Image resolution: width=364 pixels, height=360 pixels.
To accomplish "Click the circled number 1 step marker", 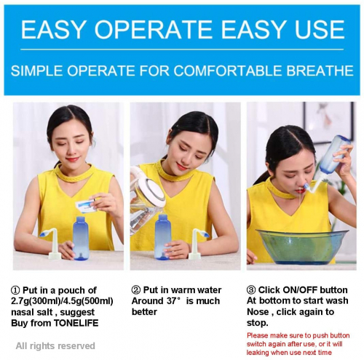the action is [x=15, y=290].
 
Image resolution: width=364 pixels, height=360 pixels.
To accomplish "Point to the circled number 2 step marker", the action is [x=136, y=289].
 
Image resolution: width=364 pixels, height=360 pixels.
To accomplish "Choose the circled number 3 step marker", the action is [x=251, y=289].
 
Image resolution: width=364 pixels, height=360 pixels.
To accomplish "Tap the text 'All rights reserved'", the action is [x=55, y=345].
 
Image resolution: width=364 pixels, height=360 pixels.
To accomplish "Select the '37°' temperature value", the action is [x=174, y=301].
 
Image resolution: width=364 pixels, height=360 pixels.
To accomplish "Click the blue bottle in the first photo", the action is [x=81, y=239].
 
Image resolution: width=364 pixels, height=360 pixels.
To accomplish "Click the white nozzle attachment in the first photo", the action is [x=52, y=244].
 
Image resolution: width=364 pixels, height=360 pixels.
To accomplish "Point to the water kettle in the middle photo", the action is [x=145, y=199].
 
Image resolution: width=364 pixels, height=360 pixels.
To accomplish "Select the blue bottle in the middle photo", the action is [x=163, y=237].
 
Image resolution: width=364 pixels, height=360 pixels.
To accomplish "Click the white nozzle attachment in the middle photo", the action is [x=198, y=243].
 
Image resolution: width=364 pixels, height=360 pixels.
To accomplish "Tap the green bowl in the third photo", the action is [x=303, y=247].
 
